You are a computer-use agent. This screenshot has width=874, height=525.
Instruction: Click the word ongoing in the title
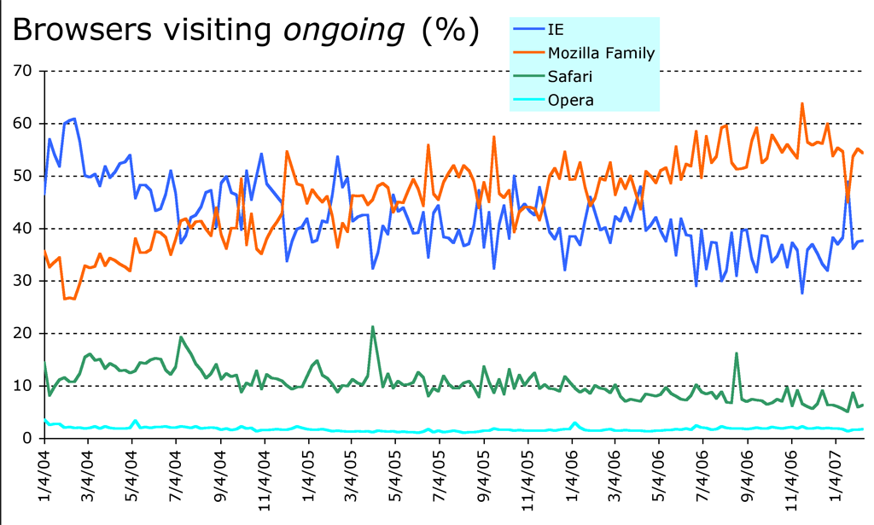pos(343,32)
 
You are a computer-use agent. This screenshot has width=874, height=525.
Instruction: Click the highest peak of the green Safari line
pos(373,327)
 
